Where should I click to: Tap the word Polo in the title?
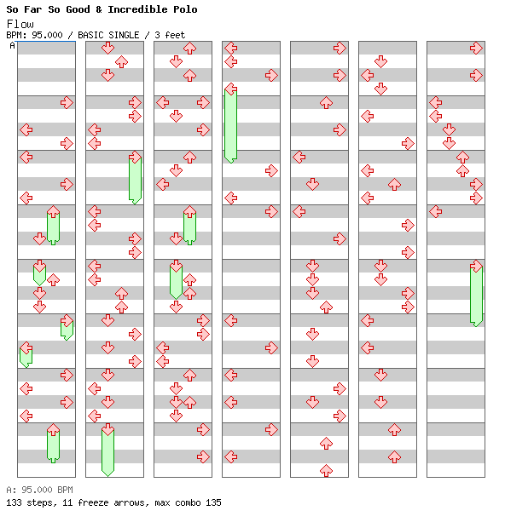185,9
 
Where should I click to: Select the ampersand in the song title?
98,9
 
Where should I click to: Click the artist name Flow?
20,24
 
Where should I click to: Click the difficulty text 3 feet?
170,35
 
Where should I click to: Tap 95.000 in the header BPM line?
47,35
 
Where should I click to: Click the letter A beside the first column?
13,45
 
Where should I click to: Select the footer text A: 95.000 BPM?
40,490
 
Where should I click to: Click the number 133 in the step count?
14,502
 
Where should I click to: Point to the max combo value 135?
213,502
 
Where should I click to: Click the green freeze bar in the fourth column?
230,125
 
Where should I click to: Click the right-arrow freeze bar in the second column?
135,180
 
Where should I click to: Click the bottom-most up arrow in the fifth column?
326,470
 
